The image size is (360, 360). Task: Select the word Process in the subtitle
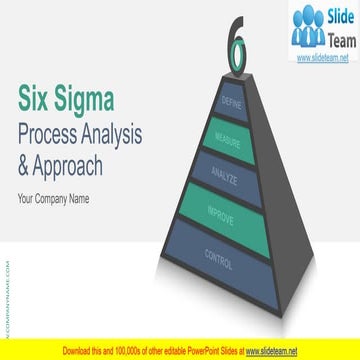point(53,133)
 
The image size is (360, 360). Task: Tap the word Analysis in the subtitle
point(115,133)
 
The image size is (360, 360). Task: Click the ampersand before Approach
point(25,165)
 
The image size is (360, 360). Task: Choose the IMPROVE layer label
point(222,213)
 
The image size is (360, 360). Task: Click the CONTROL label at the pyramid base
point(219,261)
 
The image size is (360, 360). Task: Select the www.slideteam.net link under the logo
point(325,58)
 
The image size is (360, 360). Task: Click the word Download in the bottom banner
point(79,351)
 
